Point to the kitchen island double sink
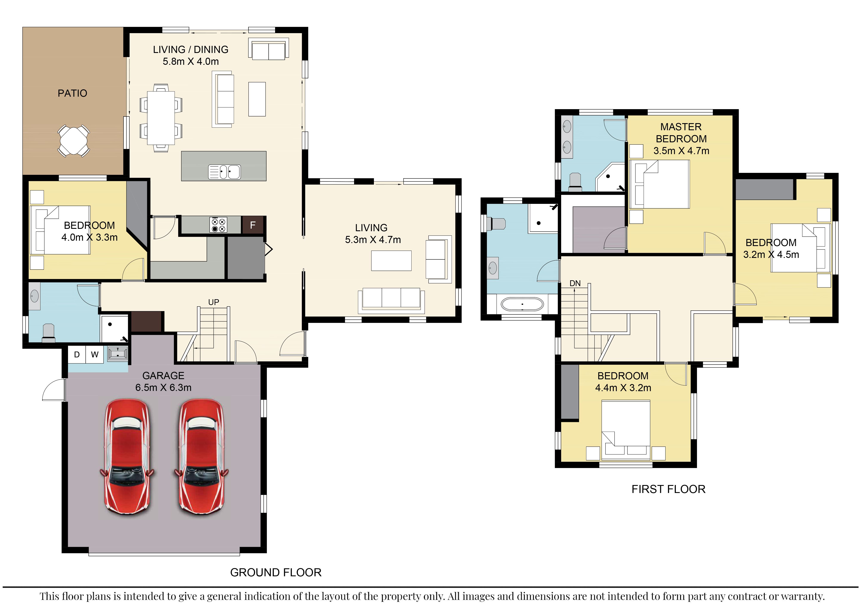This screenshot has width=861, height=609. point(224,172)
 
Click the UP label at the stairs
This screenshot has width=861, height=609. point(214,302)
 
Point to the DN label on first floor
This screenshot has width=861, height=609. point(575,284)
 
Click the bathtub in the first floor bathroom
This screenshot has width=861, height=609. point(522,304)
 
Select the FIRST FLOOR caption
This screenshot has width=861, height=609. point(668,489)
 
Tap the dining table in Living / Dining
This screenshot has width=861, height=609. point(161,118)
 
